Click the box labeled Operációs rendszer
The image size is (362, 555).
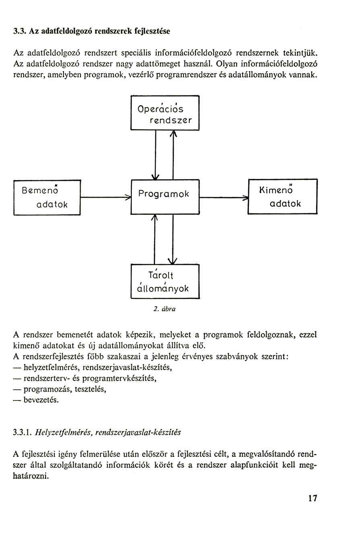[165, 113]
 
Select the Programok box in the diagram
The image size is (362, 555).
[165, 197]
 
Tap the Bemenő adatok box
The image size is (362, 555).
[47, 198]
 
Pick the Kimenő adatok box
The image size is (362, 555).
[282, 196]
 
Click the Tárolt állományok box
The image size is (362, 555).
[165, 281]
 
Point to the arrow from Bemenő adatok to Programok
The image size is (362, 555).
[106, 198]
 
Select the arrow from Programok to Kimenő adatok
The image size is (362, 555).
[224, 198]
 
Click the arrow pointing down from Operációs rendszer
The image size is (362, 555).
[156, 155]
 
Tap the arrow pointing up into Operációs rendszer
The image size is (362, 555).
[173, 155]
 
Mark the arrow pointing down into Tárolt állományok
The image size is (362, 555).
[173, 239]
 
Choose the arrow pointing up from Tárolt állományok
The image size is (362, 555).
[154, 239]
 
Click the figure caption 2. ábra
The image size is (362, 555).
[165, 309]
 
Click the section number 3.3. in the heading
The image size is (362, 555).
[20, 31]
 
